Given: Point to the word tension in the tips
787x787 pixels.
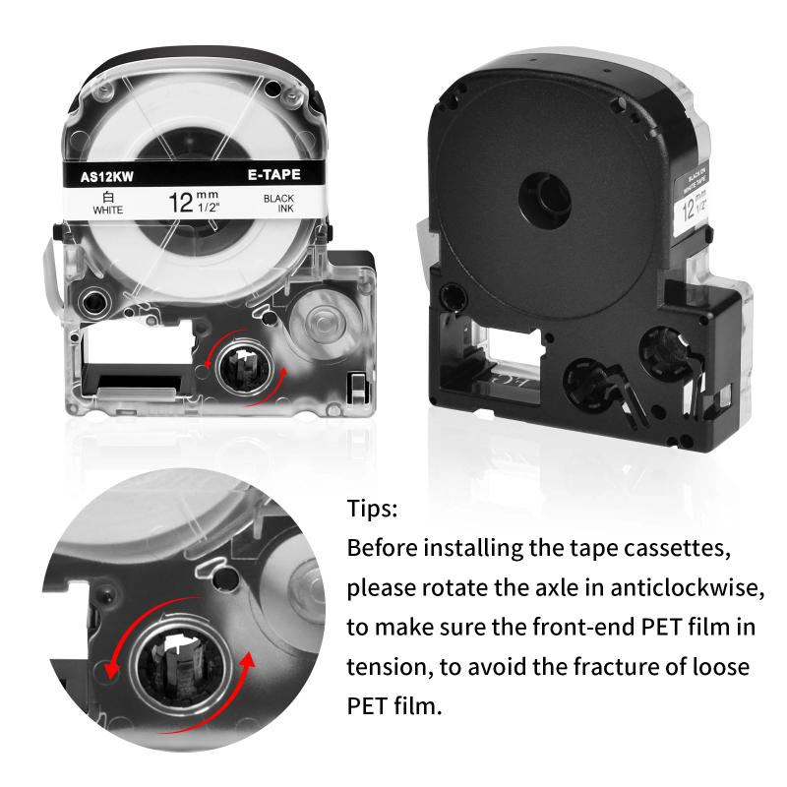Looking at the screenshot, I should tap(383, 667).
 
